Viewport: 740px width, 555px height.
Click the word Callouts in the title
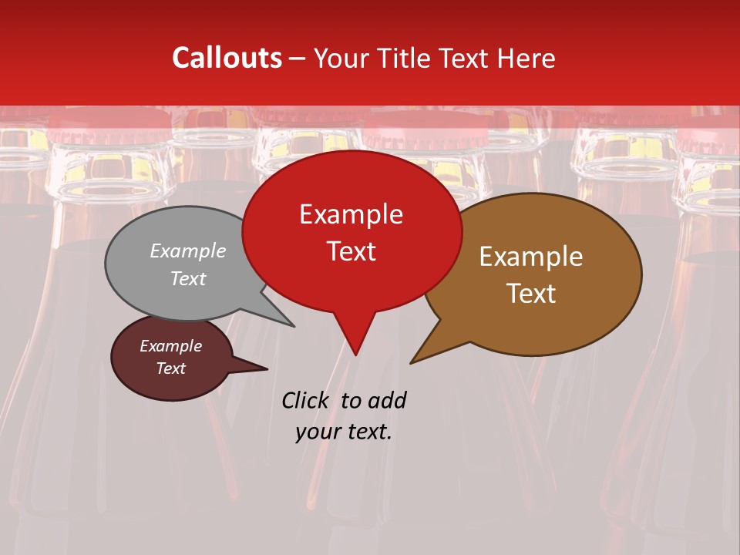click(x=227, y=58)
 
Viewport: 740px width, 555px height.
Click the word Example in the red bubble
click(x=351, y=214)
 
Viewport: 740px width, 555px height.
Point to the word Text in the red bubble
click(x=351, y=251)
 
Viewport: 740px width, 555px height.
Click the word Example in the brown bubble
click(x=531, y=257)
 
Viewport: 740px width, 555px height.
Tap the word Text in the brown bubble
click(x=531, y=293)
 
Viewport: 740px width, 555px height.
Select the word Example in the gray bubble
click(x=188, y=251)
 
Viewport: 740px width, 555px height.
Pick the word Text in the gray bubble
click(x=188, y=278)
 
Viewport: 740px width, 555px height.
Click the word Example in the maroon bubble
click(x=170, y=346)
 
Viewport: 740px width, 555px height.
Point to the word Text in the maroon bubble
click(x=170, y=368)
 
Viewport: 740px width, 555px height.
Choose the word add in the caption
click(x=386, y=400)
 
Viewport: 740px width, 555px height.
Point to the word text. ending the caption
click(x=368, y=432)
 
